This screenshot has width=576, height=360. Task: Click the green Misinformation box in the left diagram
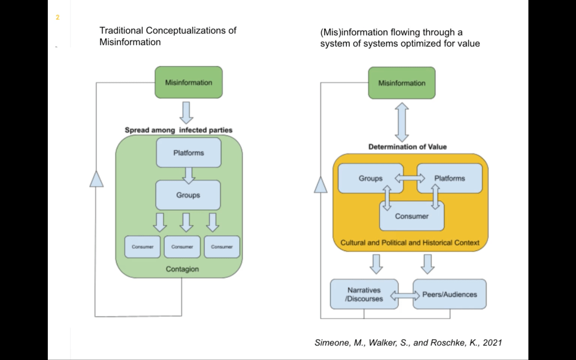188,82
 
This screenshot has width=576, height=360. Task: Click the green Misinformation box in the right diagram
402,83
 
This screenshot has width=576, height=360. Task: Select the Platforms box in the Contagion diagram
188,152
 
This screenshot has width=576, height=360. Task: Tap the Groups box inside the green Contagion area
188,195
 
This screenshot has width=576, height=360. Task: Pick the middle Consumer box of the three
182,247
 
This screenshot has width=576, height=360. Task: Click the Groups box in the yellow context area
371,178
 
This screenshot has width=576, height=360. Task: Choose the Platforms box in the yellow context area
449,178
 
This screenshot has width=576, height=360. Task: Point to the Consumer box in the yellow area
412,216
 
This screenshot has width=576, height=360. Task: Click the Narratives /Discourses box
364,294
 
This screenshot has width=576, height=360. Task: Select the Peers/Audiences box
449,294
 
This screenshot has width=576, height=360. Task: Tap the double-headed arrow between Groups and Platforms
409,178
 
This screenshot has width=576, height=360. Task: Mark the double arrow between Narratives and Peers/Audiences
406,295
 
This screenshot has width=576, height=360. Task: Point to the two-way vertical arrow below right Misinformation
402,122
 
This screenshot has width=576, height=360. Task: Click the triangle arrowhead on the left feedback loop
97,179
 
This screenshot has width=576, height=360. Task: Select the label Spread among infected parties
178,130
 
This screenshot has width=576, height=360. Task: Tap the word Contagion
182,269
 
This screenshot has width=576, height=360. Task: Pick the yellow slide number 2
57,18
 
